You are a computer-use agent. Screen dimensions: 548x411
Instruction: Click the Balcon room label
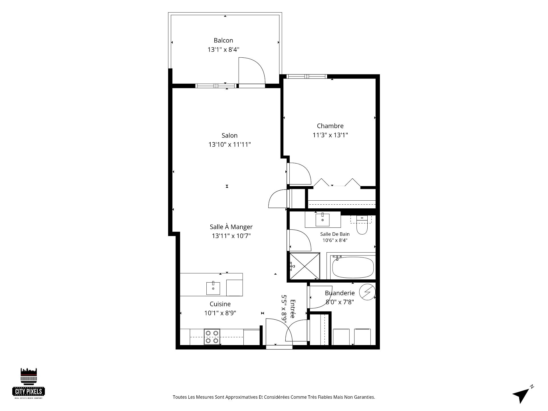coord(223,41)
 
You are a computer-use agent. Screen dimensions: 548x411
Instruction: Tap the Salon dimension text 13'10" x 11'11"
coord(229,144)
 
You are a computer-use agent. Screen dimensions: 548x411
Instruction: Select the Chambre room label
coord(330,126)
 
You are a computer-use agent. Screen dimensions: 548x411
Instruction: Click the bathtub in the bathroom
coord(353,267)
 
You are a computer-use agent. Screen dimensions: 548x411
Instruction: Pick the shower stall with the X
coord(305,266)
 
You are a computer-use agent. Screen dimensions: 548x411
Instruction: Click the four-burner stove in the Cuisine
coord(212,337)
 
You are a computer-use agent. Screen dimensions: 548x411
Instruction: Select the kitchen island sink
coord(213,288)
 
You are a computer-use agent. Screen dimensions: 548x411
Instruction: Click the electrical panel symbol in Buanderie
coord(367,292)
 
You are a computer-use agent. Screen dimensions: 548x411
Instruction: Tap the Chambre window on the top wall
coord(307,76)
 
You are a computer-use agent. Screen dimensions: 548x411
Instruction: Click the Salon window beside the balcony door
coord(216,86)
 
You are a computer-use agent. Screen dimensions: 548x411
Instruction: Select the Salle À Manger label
coord(231,227)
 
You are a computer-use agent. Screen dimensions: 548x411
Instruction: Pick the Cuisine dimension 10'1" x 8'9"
coord(220,313)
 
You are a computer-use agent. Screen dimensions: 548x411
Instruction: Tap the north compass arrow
coord(522,395)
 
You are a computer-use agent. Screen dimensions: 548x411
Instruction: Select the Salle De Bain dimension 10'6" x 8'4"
coord(335,240)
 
